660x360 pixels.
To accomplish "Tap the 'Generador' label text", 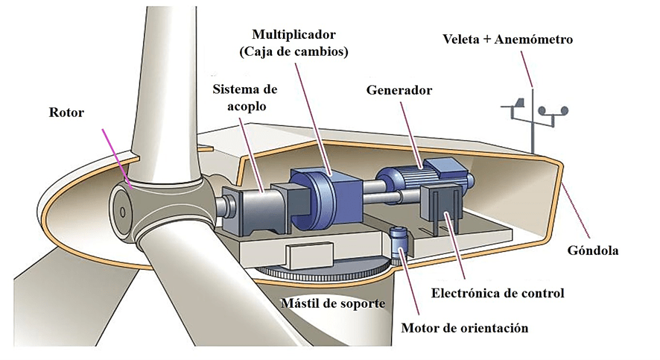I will coord(399,90).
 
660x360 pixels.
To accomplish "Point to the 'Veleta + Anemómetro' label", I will coord(507,39).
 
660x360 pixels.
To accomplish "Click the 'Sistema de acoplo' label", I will coord(244,98).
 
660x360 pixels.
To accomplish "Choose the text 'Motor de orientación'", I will coord(464,328).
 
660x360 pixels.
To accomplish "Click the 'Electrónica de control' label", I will coord(498,293).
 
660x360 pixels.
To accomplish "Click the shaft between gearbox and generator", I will coord(372,199).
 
